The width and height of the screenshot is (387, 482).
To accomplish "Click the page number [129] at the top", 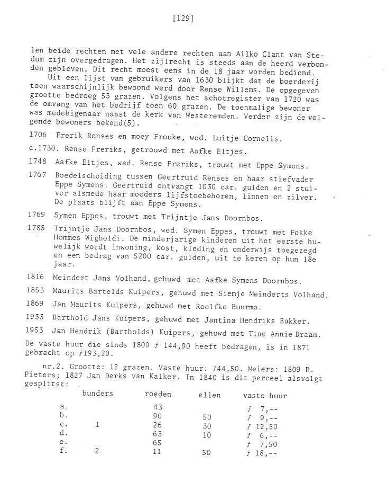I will pos(183,19).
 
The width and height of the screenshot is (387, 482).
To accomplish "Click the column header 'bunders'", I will pos(97,395).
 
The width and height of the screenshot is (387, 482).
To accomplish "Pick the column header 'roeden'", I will pos(158,395).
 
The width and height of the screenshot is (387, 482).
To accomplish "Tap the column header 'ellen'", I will pos(209,396).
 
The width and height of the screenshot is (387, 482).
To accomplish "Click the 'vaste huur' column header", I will pos(265,396).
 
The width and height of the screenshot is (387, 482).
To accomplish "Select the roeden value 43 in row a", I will pos(157,407).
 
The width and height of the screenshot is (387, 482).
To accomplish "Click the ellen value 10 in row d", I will pos(207,435).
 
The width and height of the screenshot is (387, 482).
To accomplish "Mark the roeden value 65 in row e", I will pos(157,444).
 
